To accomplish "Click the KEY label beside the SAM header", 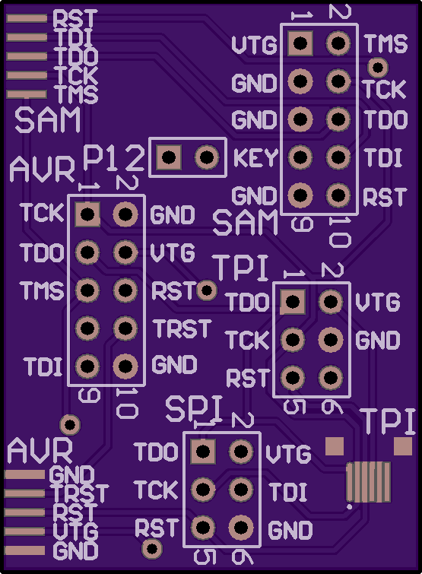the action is [x=255, y=158].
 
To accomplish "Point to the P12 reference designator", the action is [x=113, y=158].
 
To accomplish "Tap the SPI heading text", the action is [x=194, y=408].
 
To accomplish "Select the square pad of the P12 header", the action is [x=169, y=157].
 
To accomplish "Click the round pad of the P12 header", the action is [x=207, y=157].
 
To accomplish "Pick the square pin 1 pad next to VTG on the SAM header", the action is [x=300, y=43].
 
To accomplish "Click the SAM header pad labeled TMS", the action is [x=338, y=43].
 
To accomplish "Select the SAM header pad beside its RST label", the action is [x=338, y=195].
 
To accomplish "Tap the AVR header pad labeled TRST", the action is [x=125, y=328].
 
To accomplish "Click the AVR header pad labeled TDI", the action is [x=87, y=366].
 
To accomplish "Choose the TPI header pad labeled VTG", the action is [x=331, y=302].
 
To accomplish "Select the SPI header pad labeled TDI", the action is [x=241, y=490].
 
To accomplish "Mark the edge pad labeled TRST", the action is [x=24, y=494].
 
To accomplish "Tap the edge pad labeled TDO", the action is [x=27, y=56].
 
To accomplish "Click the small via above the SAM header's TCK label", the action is [x=378, y=68].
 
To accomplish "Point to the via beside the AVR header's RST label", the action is [x=207, y=290].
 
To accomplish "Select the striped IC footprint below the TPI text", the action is [x=369, y=482].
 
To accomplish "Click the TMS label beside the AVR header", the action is [x=42, y=290].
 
